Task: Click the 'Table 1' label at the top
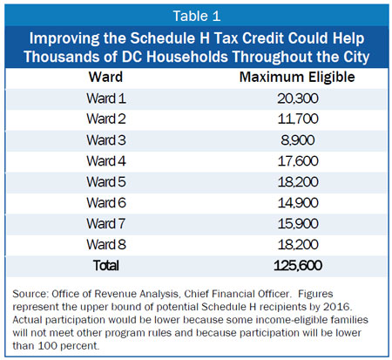click(197, 16)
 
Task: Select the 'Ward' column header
click(105, 78)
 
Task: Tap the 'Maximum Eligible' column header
click(297, 78)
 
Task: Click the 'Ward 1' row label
click(106, 98)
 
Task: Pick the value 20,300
click(298, 98)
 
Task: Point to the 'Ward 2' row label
click(106, 119)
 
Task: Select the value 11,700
click(298, 119)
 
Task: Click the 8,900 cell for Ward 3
click(298, 140)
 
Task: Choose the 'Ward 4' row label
click(106, 161)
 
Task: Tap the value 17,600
click(298, 161)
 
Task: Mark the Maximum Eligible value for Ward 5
click(298, 182)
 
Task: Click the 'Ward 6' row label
click(106, 202)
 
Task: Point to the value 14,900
click(298, 203)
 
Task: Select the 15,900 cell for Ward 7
click(298, 224)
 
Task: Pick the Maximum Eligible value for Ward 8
click(298, 245)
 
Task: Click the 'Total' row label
click(106, 266)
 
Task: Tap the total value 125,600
click(298, 266)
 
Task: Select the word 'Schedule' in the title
click(167, 38)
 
